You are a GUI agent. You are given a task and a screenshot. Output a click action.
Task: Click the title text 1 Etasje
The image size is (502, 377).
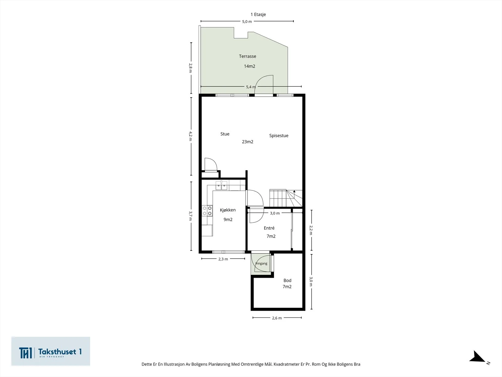tap(258, 14)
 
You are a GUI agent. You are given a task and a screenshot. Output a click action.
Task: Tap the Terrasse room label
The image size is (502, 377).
tap(248, 56)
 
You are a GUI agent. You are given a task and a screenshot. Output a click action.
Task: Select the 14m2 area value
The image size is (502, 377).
tap(249, 66)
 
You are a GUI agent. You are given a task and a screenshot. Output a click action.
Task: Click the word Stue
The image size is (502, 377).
tap(225, 134)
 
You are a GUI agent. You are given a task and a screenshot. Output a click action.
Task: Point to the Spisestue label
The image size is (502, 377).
tap(279, 135)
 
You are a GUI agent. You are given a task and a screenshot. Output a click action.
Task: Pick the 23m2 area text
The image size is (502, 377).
tap(248, 142)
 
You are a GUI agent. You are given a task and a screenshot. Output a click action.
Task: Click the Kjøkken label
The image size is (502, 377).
tap(228, 210)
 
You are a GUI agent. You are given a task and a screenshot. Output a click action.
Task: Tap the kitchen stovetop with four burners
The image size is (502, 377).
tap(207, 211)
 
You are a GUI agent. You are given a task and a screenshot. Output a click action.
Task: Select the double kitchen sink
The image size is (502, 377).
tap(222, 186)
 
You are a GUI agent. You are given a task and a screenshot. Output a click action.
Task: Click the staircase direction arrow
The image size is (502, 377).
tap(294, 191)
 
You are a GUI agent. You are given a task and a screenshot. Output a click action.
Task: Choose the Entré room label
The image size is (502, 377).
tap(269, 228)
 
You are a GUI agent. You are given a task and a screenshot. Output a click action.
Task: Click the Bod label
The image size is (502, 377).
tap(287, 281)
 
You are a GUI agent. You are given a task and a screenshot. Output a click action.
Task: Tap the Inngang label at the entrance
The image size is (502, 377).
tap(261, 263)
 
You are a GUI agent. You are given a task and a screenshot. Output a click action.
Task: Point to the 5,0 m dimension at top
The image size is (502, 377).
tap(247, 21)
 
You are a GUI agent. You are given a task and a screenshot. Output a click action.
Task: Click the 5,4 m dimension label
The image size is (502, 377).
tap(251, 87)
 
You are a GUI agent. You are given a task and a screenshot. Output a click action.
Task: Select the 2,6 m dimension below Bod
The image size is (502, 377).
tap(277, 318)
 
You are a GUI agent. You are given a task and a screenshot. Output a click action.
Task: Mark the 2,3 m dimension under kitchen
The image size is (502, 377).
tap(223, 259)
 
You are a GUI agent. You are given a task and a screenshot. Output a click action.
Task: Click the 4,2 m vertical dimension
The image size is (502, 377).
tap(190, 136)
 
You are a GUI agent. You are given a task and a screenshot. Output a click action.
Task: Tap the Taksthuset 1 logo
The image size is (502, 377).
tap(51, 351)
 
